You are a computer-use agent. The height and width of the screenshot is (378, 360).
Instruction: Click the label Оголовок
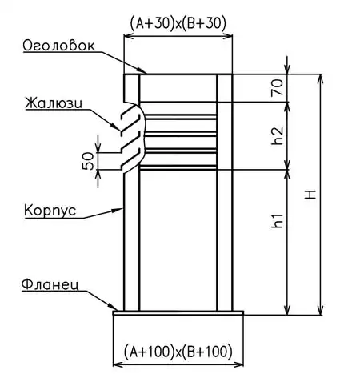tap(58, 46)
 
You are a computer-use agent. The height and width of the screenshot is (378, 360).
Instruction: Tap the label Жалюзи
tap(54, 103)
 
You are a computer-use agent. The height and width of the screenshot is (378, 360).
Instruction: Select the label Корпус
tap(50, 211)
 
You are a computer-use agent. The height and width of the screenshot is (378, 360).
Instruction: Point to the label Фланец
tap(50, 286)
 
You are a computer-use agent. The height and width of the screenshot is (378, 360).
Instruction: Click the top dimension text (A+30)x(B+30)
tap(178, 23)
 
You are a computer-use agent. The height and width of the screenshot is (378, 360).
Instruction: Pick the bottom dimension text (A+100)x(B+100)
tap(178, 352)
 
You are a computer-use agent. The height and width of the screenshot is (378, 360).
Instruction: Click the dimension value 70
tap(278, 87)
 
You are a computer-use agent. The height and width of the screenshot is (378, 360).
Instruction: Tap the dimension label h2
tap(278, 135)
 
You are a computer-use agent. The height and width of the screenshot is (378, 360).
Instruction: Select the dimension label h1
tap(278, 220)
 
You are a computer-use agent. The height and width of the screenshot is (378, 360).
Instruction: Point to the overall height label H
tap(310, 195)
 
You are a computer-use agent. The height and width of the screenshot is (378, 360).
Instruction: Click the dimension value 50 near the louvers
tap(88, 161)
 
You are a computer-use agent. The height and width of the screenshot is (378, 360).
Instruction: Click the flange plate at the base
tap(178, 313)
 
